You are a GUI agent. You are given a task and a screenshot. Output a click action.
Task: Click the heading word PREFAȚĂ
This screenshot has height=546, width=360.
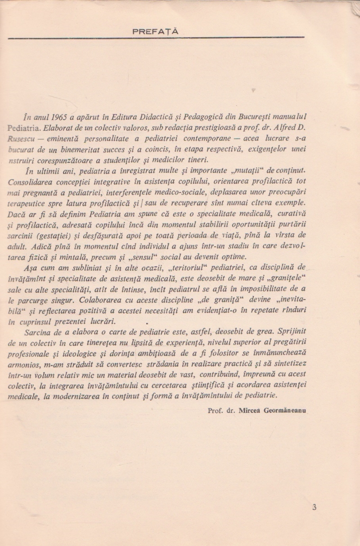pyautogui.click(x=155, y=31)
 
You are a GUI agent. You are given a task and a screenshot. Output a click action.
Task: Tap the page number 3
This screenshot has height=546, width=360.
pyautogui.click(x=314, y=507)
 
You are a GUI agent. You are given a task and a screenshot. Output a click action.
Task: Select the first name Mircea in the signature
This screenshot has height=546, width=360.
pyautogui.click(x=251, y=411)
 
